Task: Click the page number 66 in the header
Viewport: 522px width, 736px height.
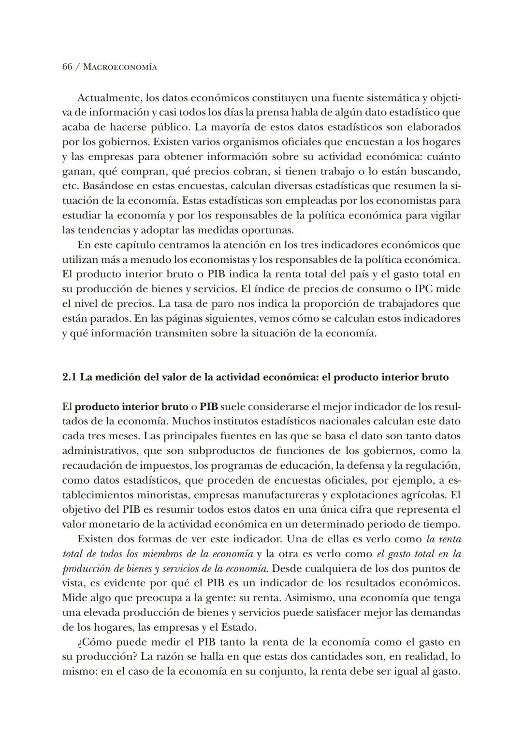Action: (68, 67)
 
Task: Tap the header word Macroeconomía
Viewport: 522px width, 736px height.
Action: (120, 67)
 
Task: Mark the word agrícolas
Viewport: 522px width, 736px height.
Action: (423, 495)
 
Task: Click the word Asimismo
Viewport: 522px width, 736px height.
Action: (306, 598)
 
